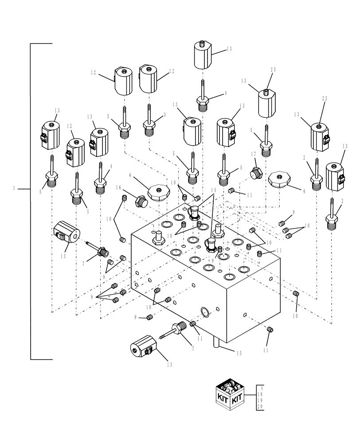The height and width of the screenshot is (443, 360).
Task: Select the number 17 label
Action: coord(253,154)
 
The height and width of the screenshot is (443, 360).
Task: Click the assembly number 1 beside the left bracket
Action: coord(15,188)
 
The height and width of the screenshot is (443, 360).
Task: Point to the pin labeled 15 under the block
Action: coord(218,342)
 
